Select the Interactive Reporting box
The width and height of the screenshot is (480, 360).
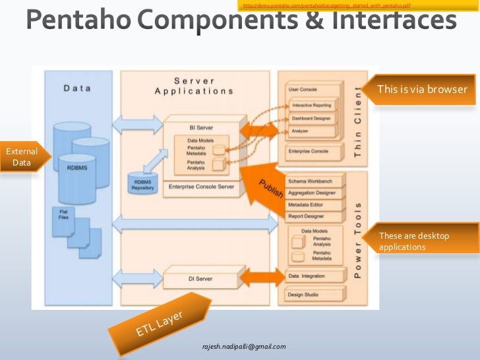313,105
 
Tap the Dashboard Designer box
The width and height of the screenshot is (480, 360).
313,119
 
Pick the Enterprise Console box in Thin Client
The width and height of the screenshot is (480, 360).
313,152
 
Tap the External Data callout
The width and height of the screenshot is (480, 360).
20,157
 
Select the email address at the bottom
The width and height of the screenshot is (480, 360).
243,346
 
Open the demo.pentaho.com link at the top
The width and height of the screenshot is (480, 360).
326,6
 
